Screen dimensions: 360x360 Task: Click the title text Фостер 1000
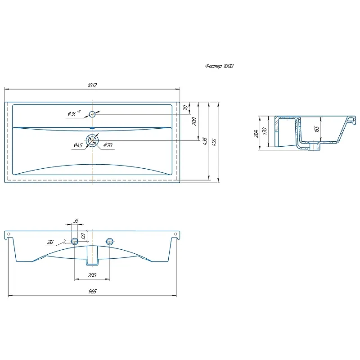click(x=219, y=66)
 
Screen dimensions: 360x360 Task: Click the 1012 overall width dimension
click(x=92, y=85)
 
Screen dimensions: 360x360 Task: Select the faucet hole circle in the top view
click(x=92, y=114)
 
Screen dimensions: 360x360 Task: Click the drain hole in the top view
click(x=92, y=140)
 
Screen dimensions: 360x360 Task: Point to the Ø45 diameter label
click(x=78, y=145)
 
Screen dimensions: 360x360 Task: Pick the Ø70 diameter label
click(x=108, y=145)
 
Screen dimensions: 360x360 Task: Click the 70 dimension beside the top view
click(x=185, y=108)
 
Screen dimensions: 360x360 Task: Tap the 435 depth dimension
click(x=205, y=141)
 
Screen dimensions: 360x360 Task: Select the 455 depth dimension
click(x=214, y=142)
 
